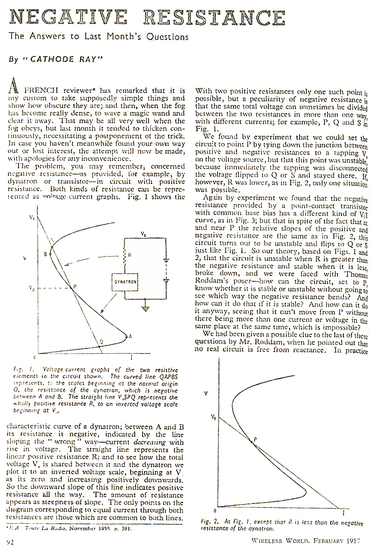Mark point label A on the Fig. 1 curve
coord(131,336)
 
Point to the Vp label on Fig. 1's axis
coord(31,287)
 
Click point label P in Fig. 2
coord(255,439)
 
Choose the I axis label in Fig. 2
coord(344,512)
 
